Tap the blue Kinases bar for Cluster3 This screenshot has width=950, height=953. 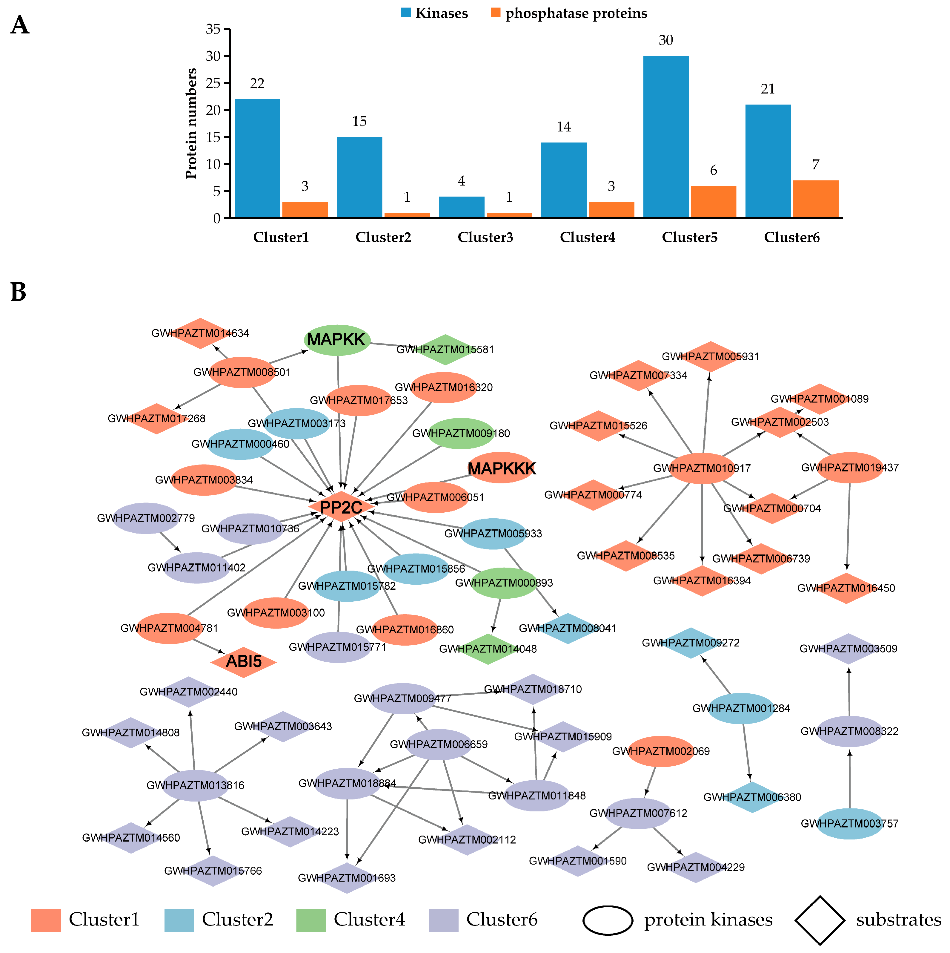coord(462,207)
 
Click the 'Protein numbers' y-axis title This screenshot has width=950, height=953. coord(191,123)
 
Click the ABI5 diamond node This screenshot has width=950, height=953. coord(244,661)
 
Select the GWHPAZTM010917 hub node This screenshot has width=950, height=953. coord(702,468)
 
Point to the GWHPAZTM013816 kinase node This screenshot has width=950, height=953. coord(196,785)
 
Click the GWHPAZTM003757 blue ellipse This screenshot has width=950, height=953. coord(849,823)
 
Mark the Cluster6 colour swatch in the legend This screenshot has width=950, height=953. coord(443,920)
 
